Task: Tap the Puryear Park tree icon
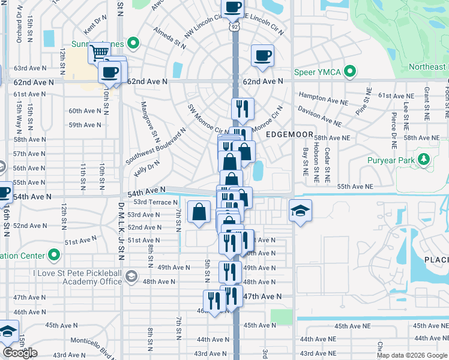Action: pos(425,160)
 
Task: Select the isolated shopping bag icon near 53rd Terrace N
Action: pos(199,212)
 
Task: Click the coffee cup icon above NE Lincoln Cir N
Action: pos(232,8)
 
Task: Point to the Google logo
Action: pos(20,353)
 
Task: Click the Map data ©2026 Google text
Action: pos(412,355)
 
